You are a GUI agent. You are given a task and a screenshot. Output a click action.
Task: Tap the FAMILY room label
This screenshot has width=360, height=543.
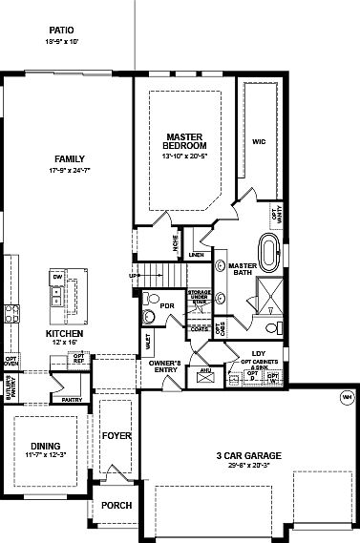pos(70,159)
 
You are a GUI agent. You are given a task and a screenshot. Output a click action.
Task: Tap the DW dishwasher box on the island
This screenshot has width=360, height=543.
pos(57,277)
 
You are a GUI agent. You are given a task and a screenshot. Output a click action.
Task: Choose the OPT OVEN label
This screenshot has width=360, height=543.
pos(11,362)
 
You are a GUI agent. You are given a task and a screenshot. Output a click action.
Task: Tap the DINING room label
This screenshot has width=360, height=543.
pos(45,446)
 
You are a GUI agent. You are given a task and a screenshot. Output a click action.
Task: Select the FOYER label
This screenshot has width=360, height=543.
pos(116,436)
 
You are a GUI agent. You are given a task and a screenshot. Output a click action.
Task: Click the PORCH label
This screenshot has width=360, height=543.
pos(116,506)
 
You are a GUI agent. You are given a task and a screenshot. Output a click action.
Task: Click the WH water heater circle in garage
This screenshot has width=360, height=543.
pos(345,397)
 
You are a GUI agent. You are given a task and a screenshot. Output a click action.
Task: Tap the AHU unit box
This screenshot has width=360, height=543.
pos(204,373)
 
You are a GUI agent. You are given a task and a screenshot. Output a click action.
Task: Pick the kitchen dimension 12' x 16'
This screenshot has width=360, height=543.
pos(65,343)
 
